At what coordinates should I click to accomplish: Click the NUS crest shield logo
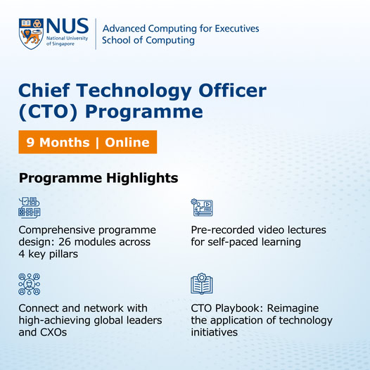click(31, 33)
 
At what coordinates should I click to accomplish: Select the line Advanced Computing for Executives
click(181, 28)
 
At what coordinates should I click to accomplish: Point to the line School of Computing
click(148, 41)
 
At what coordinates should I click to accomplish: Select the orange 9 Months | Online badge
click(87, 142)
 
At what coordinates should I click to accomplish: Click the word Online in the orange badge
click(127, 142)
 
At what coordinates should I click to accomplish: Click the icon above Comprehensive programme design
click(30, 208)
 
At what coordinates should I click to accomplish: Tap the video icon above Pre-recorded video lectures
click(202, 208)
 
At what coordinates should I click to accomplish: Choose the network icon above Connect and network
click(30, 283)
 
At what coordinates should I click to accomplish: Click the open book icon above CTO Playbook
click(202, 283)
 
